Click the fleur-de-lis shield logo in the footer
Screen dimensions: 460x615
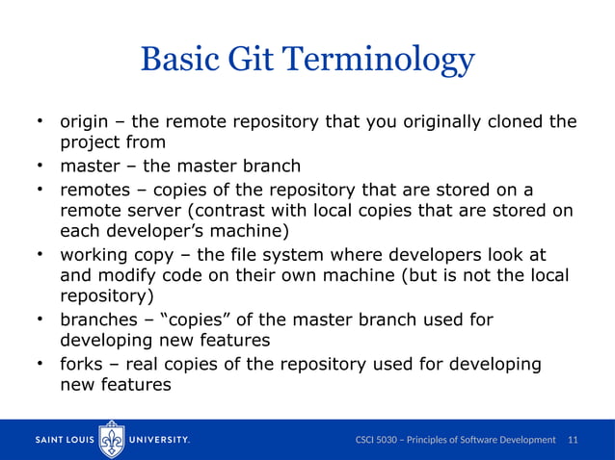(x=112, y=439)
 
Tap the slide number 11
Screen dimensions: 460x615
(x=574, y=440)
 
